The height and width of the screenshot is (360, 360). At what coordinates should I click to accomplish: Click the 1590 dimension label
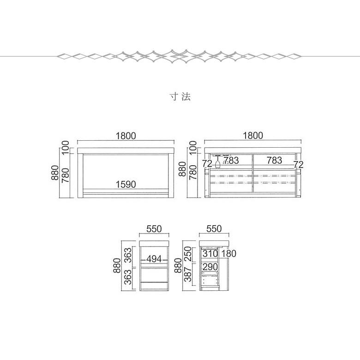click(126, 184)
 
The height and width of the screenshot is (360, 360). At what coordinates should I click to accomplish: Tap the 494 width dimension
click(154, 259)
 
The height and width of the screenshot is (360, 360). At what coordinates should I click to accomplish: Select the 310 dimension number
click(210, 254)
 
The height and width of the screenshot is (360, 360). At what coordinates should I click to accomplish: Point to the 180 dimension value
click(228, 254)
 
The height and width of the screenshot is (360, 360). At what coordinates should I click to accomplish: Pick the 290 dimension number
click(210, 267)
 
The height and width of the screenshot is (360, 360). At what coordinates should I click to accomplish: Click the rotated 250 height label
click(188, 254)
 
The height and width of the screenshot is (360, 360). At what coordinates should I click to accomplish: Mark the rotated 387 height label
click(188, 274)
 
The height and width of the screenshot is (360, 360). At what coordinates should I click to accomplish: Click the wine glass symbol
click(217, 162)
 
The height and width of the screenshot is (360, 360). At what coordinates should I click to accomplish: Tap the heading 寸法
click(180, 96)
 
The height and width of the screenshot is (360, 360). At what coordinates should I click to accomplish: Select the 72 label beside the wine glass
click(207, 164)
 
